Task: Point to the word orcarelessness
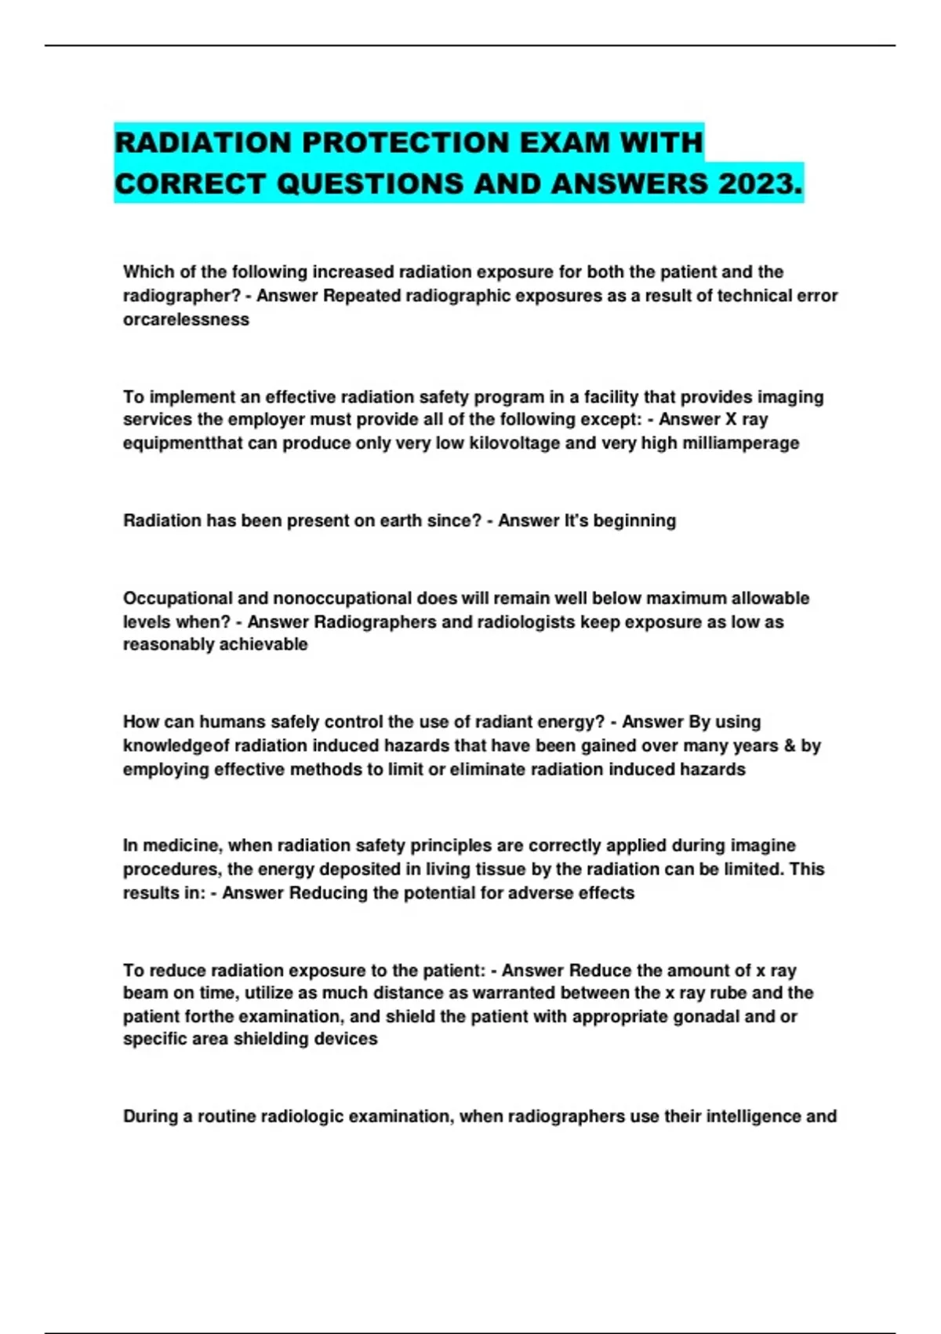click(186, 319)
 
